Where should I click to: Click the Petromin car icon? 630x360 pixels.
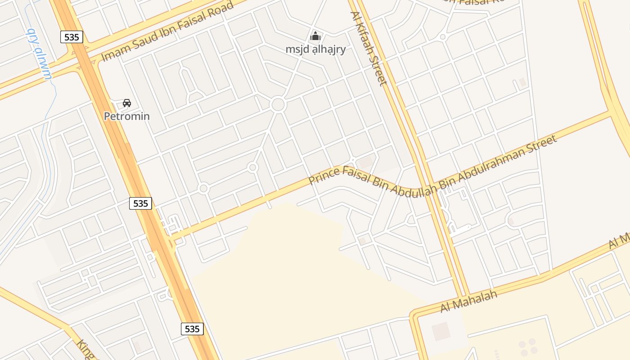pyautogui.click(x=127, y=103)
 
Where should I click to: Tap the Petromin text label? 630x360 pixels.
pyautogui.click(x=127, y=117)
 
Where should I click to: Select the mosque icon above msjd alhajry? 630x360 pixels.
pyautogui.click(x=316, y=36)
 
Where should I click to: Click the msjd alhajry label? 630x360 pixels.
pyautogui.click(x=316, y=49)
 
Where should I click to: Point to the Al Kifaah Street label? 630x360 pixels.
pyautogui.click(x=369, y=48)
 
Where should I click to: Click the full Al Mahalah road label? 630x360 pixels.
pyautogui.click(x=468, y=301)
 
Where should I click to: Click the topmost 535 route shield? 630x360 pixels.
pyautogui.click(x=72, y=37)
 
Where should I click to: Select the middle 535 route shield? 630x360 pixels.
pyautogui.click(x=141, y=203)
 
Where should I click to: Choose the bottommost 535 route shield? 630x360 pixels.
pyautogui.click(x=192, y=329)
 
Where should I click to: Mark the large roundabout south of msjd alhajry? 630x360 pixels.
pyautogui.click(x=278, y=105)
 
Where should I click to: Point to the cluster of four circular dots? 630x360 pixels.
pyautogui.click(x=527, y=346)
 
